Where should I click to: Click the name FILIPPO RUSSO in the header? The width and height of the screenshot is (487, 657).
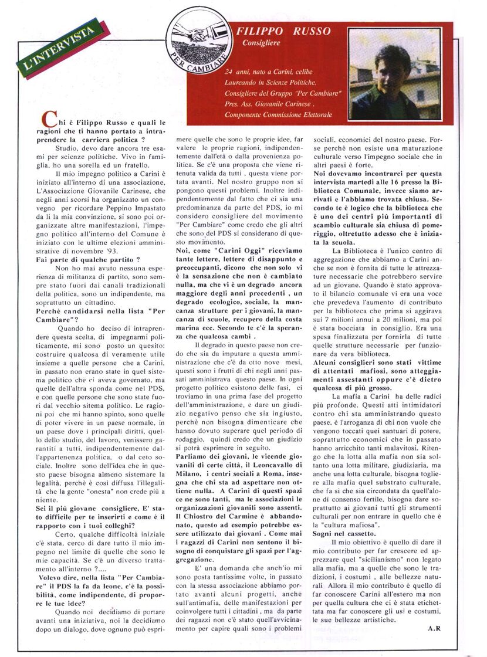pyautogui.click(x=283, y=32)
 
